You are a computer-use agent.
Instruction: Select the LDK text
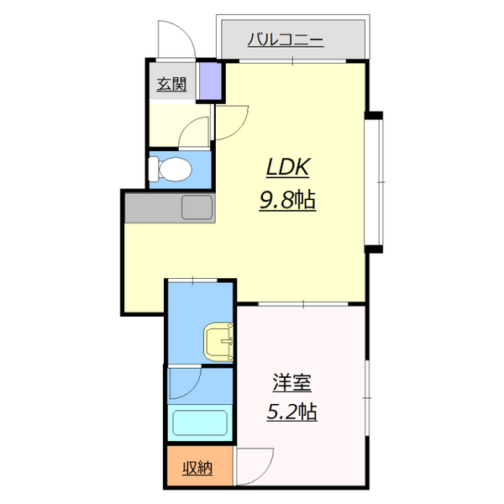pyautogui.click(x=288, y=168)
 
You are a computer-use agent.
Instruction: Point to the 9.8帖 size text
pyautogui.click(x=288, y=201)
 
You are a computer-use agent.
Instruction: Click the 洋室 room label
pyautogui.click(x=291, y=383)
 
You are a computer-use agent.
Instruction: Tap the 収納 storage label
pyautogui.click(x=197, y=467)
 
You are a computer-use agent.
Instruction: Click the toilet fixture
pyautogui.click(x=171, y=169)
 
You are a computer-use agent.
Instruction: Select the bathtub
pyautogui.click(x=201, y=422)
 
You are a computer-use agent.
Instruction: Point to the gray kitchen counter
pyautogui.click(x=167, y=207)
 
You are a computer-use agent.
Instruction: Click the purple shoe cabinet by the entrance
pyautogui.click(x=209, y=81)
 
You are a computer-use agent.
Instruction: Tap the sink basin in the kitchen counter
pyautogui.click(x=197, y=207)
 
